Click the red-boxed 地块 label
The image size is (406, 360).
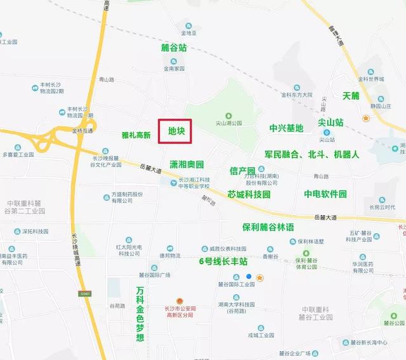(175, 132)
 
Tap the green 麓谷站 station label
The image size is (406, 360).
(173, 48)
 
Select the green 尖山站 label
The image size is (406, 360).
(331, 122)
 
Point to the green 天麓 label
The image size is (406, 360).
(351, 96)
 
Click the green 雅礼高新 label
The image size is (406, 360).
(136, 135)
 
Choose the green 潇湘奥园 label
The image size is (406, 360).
(187, 164)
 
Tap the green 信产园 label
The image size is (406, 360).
(242, 171)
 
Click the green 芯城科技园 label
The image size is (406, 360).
(249, 194)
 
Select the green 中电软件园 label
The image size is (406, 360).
(325, 194)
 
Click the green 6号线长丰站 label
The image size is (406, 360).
(223, 261)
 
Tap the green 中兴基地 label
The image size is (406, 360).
(286, 128)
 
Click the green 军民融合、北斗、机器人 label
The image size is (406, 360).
(312, 154)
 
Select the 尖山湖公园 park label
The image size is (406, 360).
(228, 123)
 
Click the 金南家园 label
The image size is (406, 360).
(173, 68)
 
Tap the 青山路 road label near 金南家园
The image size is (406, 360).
(107, 79)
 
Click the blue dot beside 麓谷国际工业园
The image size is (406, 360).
(249, 276)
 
